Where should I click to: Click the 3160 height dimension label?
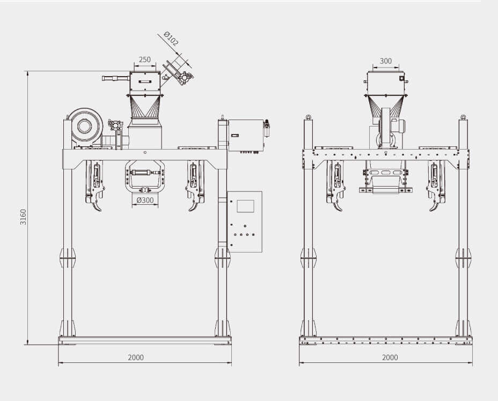(23, 217)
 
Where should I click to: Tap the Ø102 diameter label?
(171, 39)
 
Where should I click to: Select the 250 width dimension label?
(145, 60)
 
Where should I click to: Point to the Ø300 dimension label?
(145, 200)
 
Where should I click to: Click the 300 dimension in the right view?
(386, 61)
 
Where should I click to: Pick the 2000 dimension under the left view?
(136, 358)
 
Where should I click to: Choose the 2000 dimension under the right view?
(390, 358)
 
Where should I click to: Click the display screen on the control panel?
(245, 206)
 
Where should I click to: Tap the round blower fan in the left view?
(84, 127)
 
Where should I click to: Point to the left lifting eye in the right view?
(307, 117)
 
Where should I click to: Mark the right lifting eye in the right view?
(463, 117)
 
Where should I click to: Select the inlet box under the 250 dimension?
(145, 81)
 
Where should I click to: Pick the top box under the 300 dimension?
(386, 83)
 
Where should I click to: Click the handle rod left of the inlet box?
(116, 78)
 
